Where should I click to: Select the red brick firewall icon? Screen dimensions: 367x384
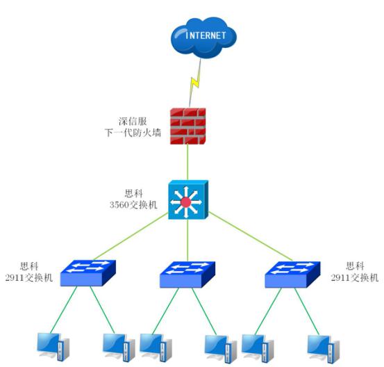187,126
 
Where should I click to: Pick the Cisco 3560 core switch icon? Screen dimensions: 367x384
187,199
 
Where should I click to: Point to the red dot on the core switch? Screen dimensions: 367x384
186,203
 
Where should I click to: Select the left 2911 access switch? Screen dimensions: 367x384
87,273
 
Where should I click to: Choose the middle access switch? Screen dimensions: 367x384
187,275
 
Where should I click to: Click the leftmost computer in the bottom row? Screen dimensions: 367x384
53,346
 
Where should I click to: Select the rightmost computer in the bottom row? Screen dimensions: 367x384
324,346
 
